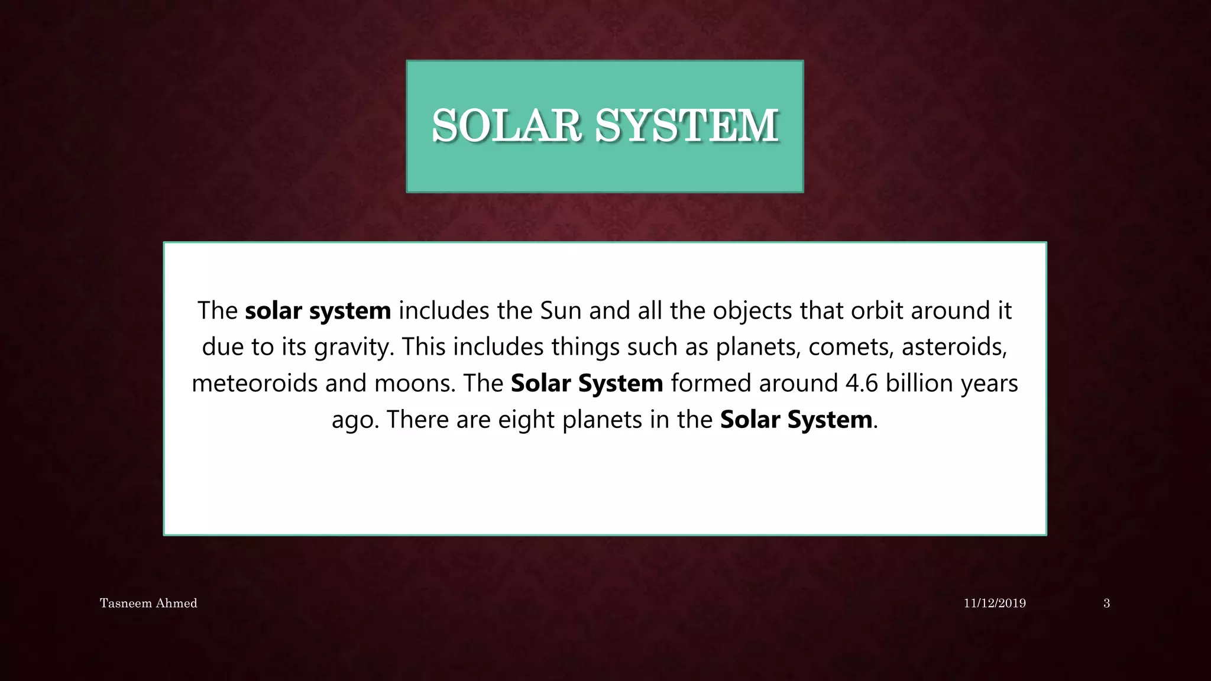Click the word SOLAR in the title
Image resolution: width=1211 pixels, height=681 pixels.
point(506,125)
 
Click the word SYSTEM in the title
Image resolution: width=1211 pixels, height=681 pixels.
point(686,125)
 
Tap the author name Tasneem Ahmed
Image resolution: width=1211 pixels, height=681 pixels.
point(148,603)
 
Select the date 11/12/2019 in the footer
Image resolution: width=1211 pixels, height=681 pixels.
point(995,603)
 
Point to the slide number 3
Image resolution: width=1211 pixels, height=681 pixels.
point(1106,603)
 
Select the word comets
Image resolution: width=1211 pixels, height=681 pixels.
point(851,347)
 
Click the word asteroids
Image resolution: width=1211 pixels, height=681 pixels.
point(954,347)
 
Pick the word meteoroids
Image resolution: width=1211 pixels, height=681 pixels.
point(254,383)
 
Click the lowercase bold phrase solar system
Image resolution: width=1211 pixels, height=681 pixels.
point(318,310)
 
